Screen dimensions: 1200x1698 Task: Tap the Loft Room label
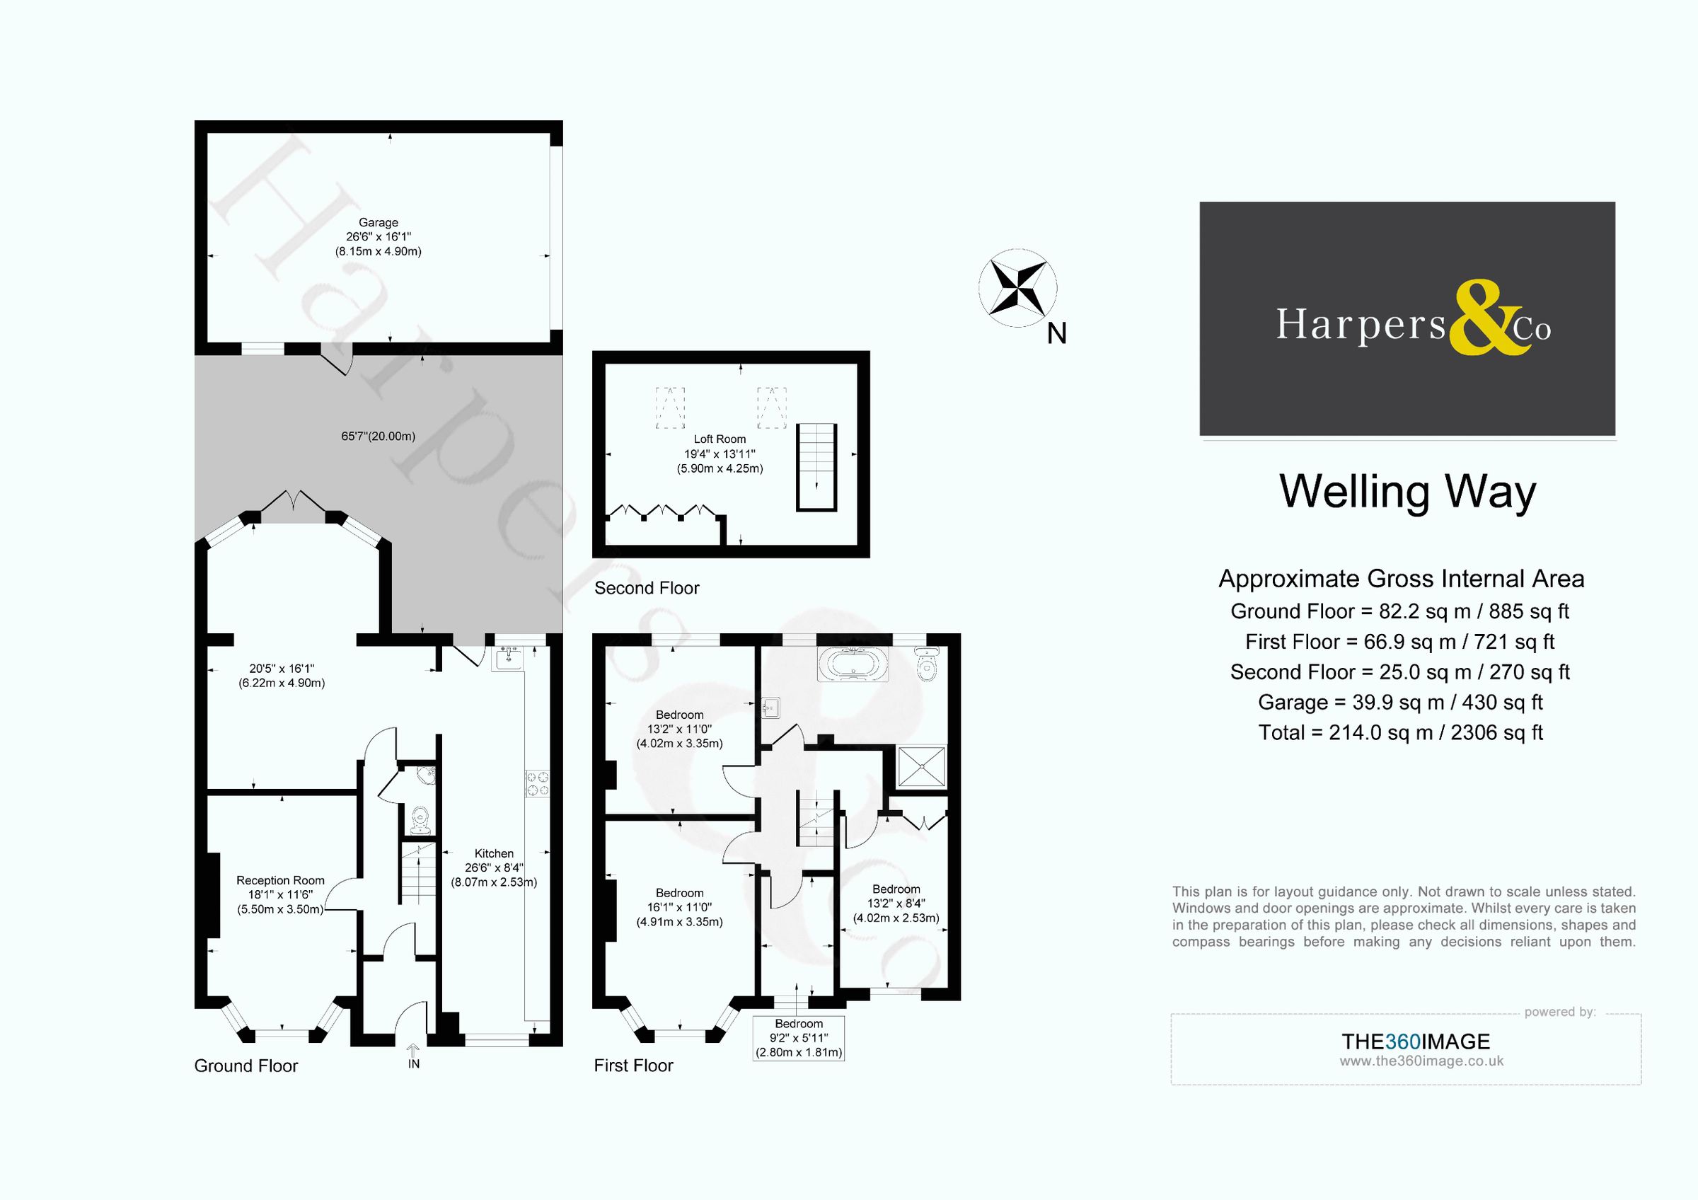click(x=719, y=439)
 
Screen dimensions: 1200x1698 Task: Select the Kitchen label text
click(x=493, y=853)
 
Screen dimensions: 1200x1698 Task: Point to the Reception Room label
click(x=280, y=880)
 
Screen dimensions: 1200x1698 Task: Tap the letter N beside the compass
click(x=1056, y=334)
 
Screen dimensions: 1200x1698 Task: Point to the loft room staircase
click(x=816, y=467)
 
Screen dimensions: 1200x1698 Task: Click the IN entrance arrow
click(x=413, y=1051)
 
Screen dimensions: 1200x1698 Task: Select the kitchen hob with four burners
click(x=538, y=784)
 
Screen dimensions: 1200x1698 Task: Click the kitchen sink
click(x=509, y=657)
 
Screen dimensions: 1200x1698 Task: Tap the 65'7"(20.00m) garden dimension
click(x=378, y=437)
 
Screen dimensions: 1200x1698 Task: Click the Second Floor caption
click(x=647, y=588)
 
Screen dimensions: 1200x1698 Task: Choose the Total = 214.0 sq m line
click(x=1400, y=732)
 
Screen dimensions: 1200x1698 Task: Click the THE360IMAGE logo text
click(x=1416, y=1041)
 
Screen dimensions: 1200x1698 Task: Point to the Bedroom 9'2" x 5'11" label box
click(x=799, y=1038)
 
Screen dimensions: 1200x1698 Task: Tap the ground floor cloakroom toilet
click(x=420, y=819)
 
